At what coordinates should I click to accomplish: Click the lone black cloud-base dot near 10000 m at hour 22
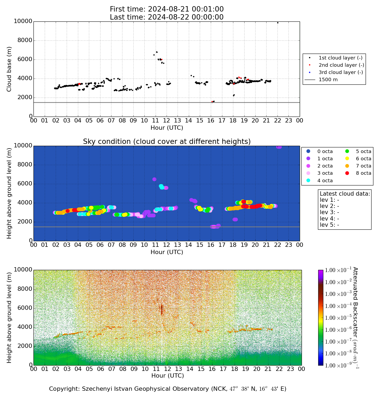(278, 23)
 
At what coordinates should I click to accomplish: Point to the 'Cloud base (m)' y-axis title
(9, 69)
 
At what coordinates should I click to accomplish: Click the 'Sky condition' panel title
(167, 142)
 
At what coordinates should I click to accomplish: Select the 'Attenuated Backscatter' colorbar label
(355, 318)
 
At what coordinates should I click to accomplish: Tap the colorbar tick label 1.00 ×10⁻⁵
(338, 318)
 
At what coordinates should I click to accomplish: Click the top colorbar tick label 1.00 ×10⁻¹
(338, 270)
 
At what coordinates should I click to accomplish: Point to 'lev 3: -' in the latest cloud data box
(329, 212)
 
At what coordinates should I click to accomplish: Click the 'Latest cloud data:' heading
(345, 194)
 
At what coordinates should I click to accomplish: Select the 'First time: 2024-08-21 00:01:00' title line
(167, 9)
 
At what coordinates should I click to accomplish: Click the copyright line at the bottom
(168, 389)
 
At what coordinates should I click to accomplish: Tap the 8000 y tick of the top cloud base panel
(23, 40)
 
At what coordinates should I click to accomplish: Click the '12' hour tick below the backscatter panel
(167, 369)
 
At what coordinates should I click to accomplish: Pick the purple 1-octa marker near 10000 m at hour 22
(279, 147)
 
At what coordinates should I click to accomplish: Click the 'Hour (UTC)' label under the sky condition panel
(167, 252)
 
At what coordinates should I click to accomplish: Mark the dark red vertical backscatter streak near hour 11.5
(162, 310)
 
